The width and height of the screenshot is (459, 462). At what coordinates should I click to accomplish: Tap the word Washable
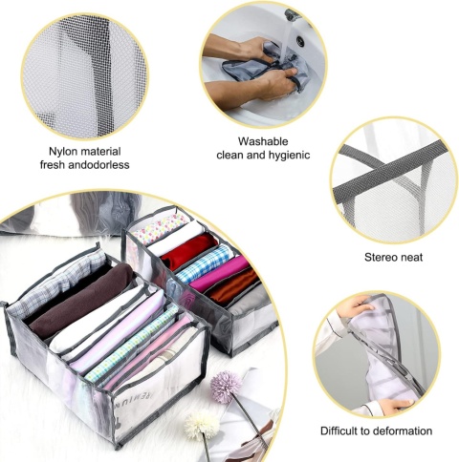click(263, 141)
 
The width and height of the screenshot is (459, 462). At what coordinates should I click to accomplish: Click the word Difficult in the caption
click(339, 431)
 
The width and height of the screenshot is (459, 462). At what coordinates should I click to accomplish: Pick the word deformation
click(403, 431)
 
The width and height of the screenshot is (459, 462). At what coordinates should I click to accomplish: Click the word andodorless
click(98, 165)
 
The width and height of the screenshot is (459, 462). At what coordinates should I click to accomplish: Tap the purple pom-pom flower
click(227, 387)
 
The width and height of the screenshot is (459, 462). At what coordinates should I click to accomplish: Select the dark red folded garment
click(188, 251)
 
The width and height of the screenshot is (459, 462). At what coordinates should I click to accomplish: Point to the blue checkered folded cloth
click(205, 263)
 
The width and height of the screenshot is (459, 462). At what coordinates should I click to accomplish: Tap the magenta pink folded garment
click(220, 274)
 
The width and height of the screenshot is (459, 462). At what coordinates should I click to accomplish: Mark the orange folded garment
click(234, 287)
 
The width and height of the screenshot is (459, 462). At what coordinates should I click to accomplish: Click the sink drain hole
click(299, 40)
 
